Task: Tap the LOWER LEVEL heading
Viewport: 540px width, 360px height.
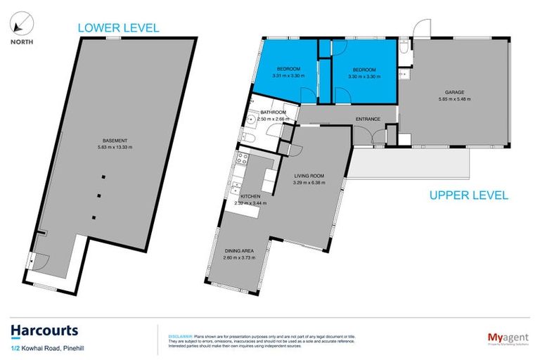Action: coord(118,28)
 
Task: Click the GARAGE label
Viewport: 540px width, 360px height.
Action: coord(454,92)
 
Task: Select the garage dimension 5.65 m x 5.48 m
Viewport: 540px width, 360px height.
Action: coord(454,99)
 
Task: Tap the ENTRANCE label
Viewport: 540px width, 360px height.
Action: coord(368,119)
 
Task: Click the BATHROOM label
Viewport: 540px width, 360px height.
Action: coord(273,112)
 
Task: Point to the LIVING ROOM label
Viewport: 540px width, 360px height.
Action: coord(310,177)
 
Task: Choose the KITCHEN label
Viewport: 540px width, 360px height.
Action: coord(251,196)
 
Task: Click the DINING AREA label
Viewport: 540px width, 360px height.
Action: coord(239,251)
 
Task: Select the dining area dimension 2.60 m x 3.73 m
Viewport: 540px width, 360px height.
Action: coord(239,258)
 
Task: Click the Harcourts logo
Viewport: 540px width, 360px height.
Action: coord(44,330)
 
